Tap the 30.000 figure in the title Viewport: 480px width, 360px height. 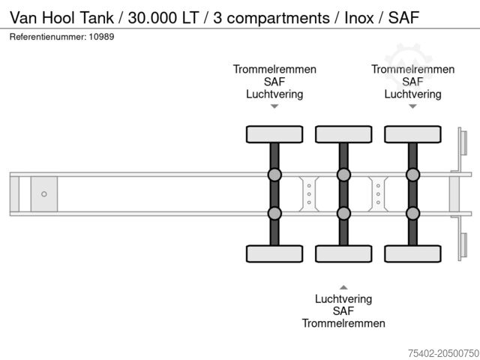click(154, 18)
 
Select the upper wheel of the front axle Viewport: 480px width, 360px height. click(274, 134)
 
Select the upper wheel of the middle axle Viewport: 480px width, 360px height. click(343, 134)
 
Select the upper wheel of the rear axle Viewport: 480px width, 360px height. click(412, 134)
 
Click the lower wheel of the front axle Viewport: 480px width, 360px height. click(274, 253)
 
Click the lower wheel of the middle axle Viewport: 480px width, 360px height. click(343, 253)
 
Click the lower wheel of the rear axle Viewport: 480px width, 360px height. click(412, 253)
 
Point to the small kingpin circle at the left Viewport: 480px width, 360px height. click(44, 194)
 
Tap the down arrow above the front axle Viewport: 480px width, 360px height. click(274, 106)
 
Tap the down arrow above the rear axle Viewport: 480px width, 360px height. click(412, 106)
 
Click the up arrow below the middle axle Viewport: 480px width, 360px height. click(343, 286)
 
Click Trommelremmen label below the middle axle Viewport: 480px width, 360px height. click(343, 323)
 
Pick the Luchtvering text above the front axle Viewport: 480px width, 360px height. click(274, 94)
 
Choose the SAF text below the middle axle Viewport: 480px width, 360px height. click(343, 310)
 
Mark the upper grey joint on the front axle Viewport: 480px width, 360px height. click(274, 175)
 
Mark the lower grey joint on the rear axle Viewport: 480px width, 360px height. click(412, 213)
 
